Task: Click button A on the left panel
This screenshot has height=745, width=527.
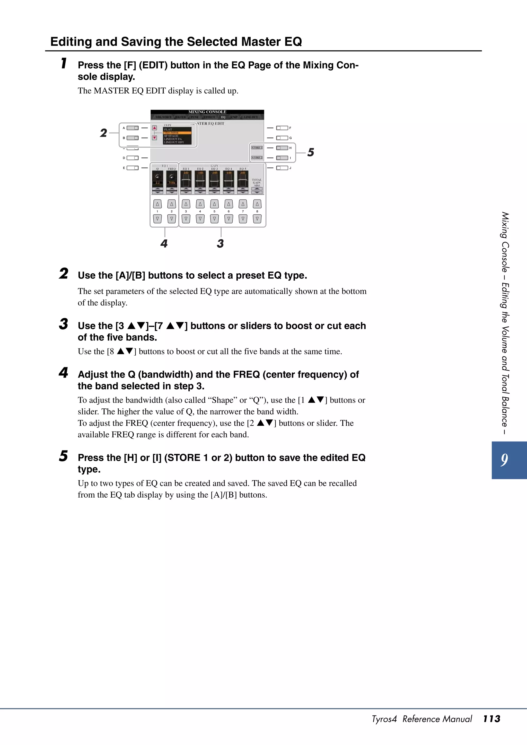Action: pyautogui.click(x=133, y=128)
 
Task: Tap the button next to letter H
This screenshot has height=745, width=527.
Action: pyautogui.click(x=282, y=148)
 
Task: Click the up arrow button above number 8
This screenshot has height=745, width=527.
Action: pyautogui.click(x=257, y=204)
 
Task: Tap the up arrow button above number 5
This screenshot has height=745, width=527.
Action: pyautogui.click(x=214, y=204)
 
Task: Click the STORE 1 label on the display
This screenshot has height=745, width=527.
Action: pyautogui.click(x=257, y=148)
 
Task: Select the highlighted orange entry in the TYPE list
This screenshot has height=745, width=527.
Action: pyautogui.click(x=177, y=133)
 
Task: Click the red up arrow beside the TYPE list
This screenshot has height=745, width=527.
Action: pyautogui.click(x=155, y=128)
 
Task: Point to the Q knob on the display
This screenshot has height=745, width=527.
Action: pyautogui.click(x=157, y=177)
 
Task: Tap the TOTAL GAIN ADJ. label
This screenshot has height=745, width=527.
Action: pyautogui.click(x=257, y=182)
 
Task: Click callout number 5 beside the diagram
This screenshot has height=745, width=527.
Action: pyautogui.click(x=311, y=152)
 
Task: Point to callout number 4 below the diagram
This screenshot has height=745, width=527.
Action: pyautogui.click(x=164, y=243)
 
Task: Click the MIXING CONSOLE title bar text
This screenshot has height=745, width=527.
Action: pyautogui.click(x=207, y=112)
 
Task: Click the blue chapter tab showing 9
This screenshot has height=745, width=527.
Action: pyautogui.click(x=508, y=460)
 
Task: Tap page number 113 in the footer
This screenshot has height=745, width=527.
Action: pyautogui.click(x=491, y=719)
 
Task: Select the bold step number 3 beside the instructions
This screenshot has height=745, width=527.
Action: pyautogui.click(x=64, y=324)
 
